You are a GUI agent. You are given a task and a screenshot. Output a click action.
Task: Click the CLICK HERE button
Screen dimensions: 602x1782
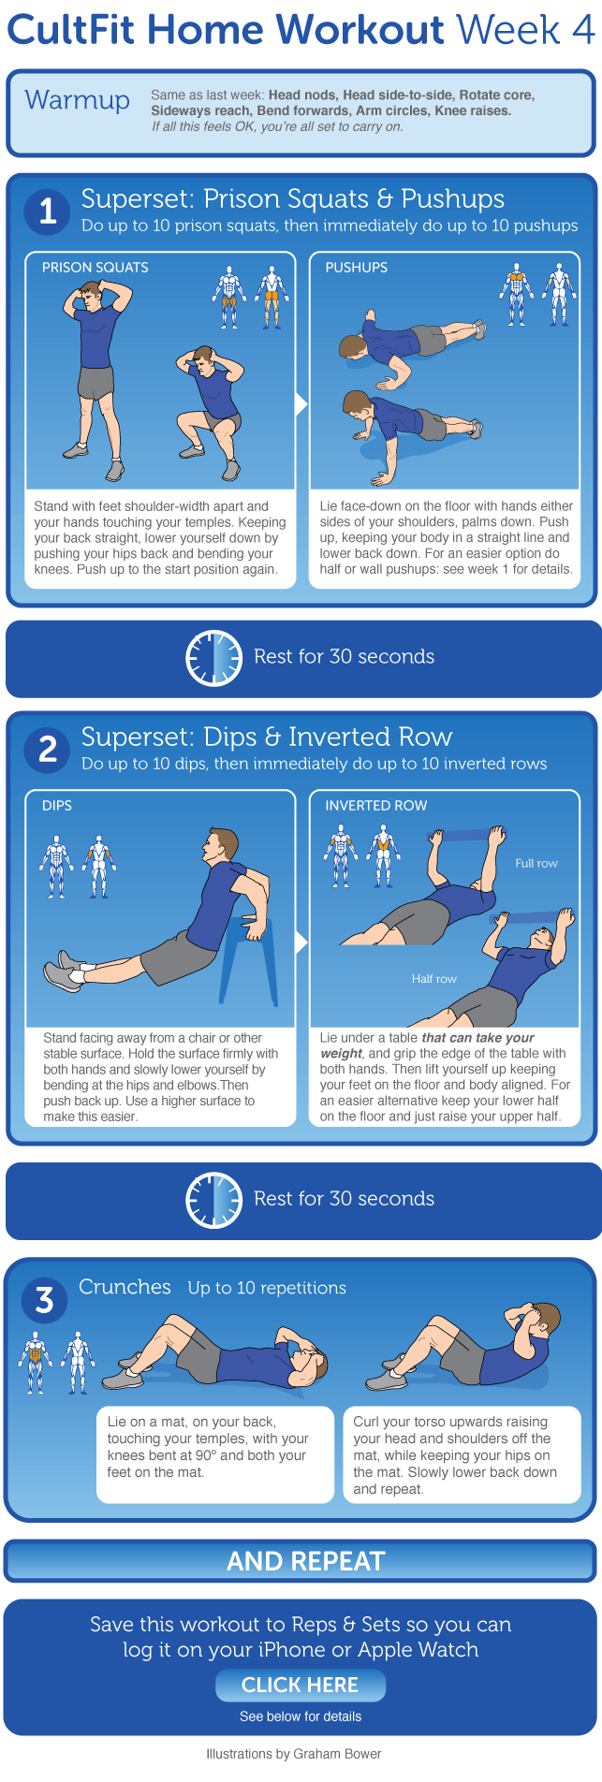click(x=301, y=1685)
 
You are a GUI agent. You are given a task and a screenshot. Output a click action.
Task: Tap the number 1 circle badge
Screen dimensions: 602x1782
click(x=48, y=211)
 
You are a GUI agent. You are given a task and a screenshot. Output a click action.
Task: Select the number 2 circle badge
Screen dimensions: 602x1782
click(x=48, y=749)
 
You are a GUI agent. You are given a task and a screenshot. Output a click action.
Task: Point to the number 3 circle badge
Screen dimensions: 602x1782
click(x=44, y=1300)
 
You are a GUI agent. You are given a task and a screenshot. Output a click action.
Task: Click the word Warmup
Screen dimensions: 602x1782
click(x=78, y=100)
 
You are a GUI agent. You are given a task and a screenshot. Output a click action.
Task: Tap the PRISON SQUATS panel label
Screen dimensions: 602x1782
click(x=95, y=268)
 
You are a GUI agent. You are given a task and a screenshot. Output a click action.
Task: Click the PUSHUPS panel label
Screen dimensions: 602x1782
click(x=357, y=268)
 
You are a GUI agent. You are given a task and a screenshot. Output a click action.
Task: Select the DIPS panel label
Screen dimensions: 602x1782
click(x=57, y=806)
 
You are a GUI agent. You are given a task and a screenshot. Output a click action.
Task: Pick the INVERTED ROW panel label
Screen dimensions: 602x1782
click(x=376, y=806)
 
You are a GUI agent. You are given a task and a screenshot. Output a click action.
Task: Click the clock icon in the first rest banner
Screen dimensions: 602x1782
click(x=214, y=658)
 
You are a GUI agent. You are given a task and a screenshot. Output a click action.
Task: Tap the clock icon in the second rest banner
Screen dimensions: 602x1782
click(x=214, y=1200)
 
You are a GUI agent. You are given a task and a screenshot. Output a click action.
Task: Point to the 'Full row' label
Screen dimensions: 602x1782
click(x=536, y=863)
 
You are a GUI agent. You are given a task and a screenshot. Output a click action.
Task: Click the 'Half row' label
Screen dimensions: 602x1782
click(x=434, y=979)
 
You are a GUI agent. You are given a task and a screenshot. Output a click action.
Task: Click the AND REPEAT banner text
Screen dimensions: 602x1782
click(x=306, y=1561)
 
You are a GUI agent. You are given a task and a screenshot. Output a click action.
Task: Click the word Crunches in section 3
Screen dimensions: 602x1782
click(x=125, y=1287)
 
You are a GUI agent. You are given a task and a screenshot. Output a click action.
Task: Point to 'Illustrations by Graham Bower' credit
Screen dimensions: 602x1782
click(x=294, y=1753)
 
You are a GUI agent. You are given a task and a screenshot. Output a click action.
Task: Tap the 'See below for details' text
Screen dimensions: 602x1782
click(x=301, y=1716)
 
